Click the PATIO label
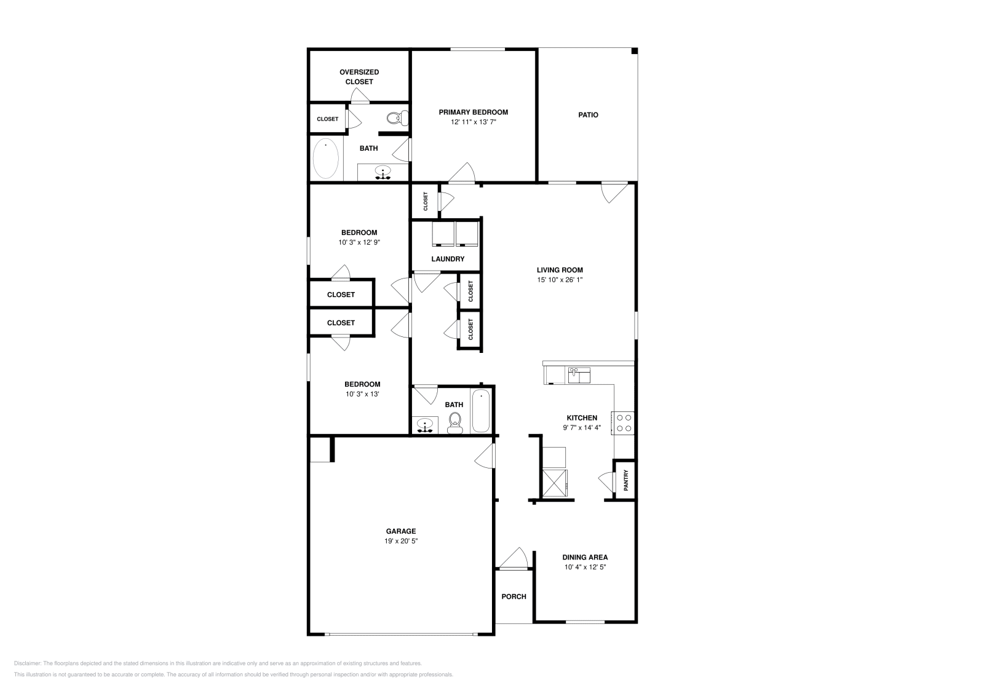point(588,115)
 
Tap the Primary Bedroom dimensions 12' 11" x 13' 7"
point(473,122)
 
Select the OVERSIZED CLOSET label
point(359,77)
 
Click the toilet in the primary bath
point(397,117)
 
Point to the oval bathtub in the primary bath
point(325,159)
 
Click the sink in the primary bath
point(383,173)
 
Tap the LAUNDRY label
point(448,259)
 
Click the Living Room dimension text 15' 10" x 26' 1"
point(560,280)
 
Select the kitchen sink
point(579,376)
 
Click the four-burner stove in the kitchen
point(623,423)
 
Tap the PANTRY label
point(626,480)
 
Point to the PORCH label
point(514,596)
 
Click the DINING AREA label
point(585,557)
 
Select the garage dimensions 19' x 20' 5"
point(400,541)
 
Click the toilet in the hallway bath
point(454,424)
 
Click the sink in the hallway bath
point(425,425)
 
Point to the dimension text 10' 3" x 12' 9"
point(359,242)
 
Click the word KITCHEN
point(582,418)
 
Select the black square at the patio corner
point(634,52)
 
